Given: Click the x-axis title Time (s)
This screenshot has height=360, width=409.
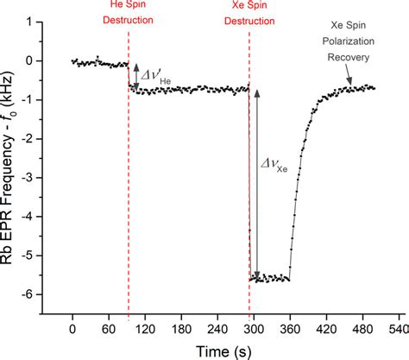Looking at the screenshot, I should click(227, 350).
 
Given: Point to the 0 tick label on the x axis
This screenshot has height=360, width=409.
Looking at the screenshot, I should click(72, 329).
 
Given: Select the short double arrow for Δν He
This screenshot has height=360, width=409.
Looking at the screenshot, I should click(135, 75).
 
